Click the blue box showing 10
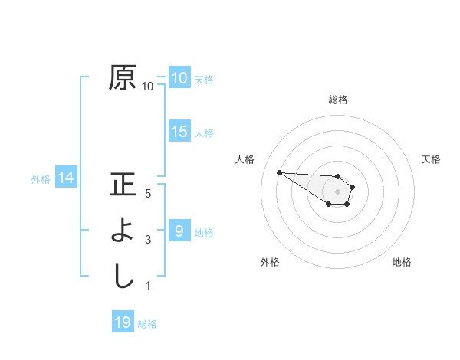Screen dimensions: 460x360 point(179,78)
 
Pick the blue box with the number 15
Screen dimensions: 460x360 point(179,132)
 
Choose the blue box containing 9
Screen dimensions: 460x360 point(179,231)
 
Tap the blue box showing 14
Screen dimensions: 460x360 point(65,178)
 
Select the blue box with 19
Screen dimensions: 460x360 point(123,322)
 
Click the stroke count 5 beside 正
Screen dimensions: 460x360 point(148,194)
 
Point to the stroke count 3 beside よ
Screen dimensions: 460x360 point(148,240)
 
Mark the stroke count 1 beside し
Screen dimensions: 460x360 point(148,286)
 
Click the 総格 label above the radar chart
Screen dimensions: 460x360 point(338,100)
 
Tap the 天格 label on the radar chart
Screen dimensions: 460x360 point(432,159)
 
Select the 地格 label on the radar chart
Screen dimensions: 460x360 point(402,262)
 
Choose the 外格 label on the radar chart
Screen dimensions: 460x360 point(270,262)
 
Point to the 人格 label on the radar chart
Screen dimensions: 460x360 point(245,159)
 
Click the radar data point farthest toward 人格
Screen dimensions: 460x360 point(279,172)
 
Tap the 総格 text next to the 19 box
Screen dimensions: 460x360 point(147,323)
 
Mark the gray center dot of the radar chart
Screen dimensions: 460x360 point(337,191)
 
